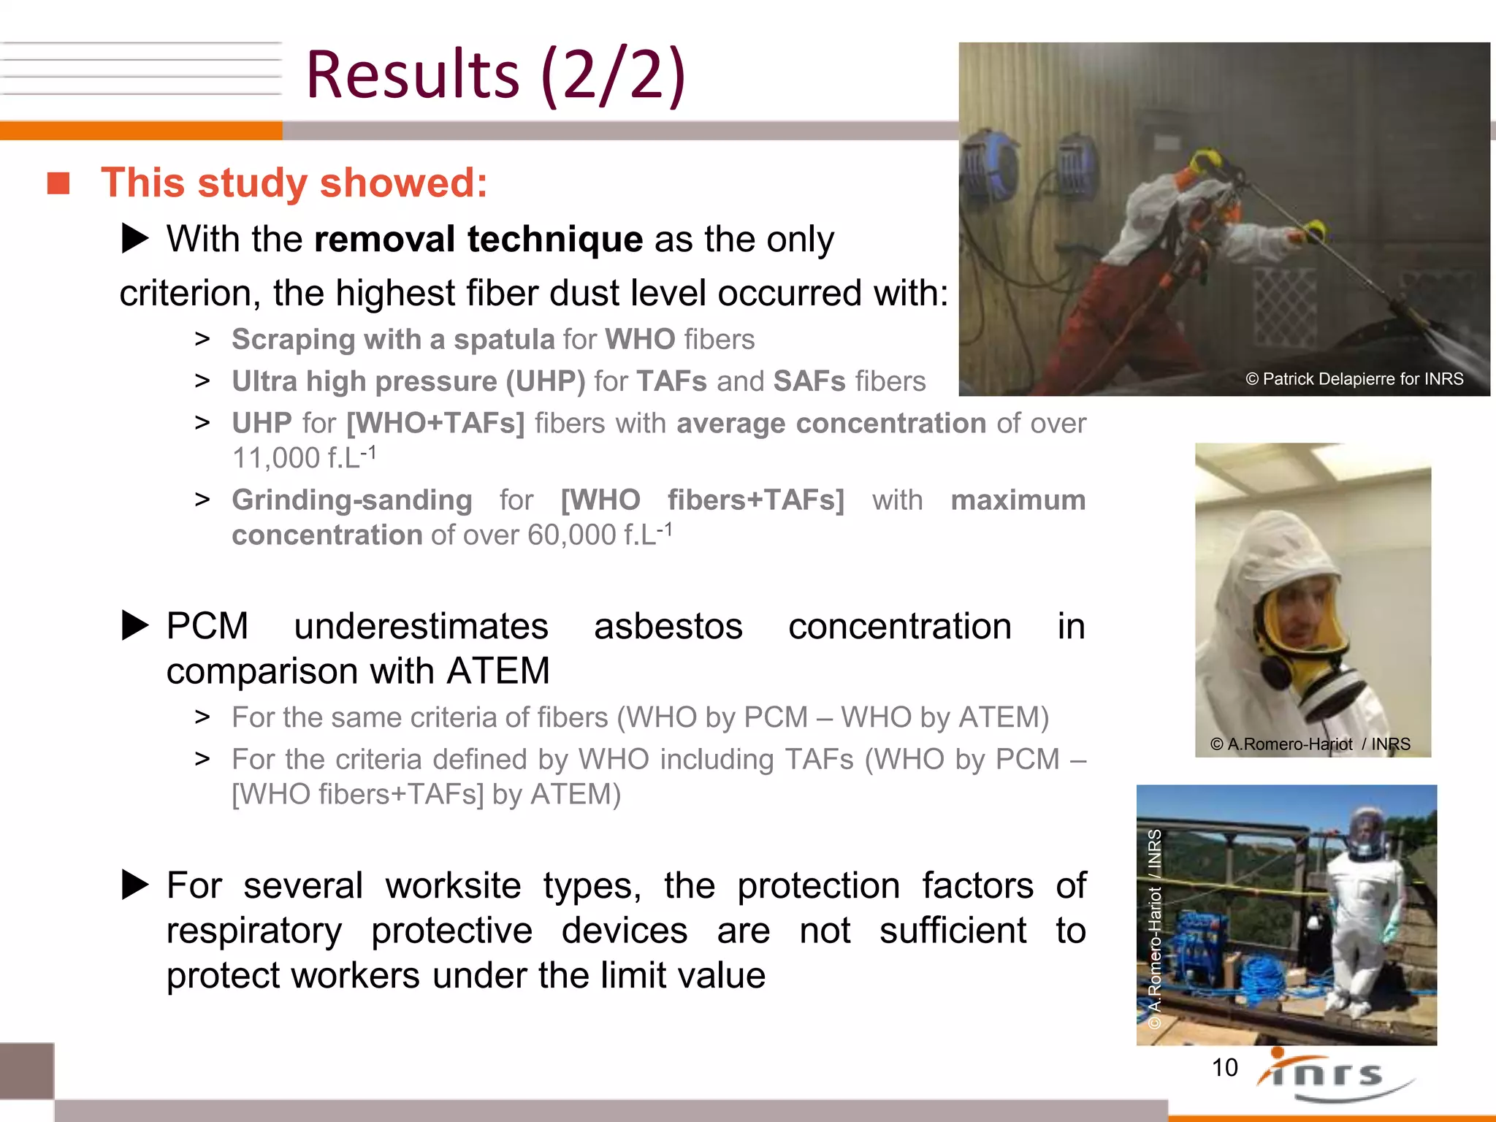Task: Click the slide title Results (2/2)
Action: [495, 75]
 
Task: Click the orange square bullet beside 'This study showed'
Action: [58, 183]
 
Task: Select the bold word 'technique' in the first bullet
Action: [554, 240]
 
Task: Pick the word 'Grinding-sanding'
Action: [351, 500]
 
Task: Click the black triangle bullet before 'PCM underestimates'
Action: [135, 626]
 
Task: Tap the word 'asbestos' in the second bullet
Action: [668, 627]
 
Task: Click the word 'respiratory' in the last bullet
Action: [253, 931]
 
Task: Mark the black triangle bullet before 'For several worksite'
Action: [135, 885]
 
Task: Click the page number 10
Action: [1224, 1068]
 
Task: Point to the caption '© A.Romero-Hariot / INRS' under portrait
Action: [1309, 744]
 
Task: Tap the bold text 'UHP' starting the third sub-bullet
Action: [262, 424]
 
